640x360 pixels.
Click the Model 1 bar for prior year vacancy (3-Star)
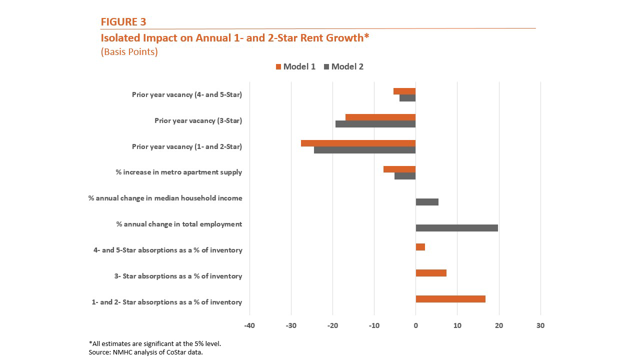(x=380, y=117)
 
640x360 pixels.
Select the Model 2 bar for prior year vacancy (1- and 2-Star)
(x=364, y=150)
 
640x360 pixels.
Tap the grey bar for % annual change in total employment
(x=456, y=228)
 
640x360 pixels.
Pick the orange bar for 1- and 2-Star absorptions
(x=450, y=299)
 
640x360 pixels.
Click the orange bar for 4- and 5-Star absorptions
(x=420, y=247)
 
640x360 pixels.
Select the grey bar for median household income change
(x=426, y=202)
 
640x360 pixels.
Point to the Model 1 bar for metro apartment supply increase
(x=399, y=169)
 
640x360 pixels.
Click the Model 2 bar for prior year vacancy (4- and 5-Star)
(x=407, y=98)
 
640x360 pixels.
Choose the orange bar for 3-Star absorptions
(x=430, y=273)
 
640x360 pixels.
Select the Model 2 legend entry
(x=343, y=66)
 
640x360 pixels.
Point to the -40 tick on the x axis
(x=249, y=325)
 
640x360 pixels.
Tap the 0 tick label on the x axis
(x=415, y=325)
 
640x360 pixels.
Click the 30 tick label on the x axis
(x=540, y=325)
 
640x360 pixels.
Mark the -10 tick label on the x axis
(x=374, y=325)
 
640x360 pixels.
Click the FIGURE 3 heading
(x=123, y=21)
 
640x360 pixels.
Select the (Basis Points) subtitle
(x=129, y=52)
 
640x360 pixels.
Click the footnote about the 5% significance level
(x=154, y=343)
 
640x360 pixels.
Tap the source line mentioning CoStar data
(x=145, y=352)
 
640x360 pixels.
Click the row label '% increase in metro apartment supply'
(x=178, y=172)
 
